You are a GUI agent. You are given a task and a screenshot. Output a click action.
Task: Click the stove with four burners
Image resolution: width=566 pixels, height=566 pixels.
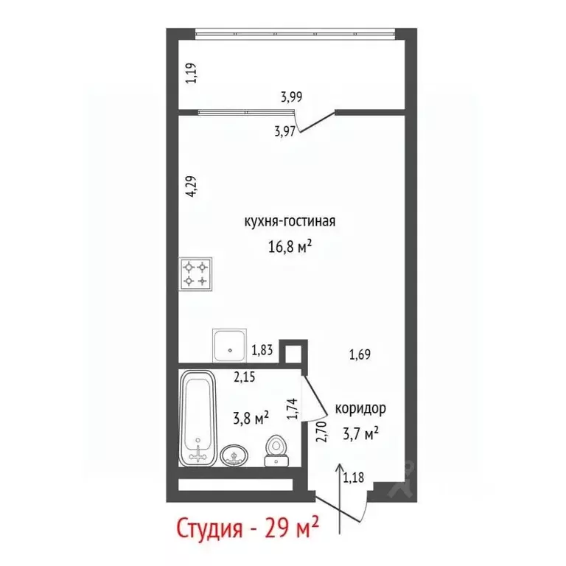click(195, 273)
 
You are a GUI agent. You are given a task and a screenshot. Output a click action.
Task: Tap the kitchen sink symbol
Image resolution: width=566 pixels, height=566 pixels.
click(231, 343)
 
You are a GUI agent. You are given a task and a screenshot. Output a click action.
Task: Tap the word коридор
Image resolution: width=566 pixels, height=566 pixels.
click(360, 408)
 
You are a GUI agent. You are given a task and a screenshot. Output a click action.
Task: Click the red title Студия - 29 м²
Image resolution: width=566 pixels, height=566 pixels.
click(247, 528)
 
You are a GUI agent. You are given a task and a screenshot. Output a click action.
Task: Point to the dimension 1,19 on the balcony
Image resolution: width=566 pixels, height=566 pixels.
click(191, 74)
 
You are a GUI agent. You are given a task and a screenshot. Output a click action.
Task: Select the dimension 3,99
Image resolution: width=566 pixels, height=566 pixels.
click(292, 95)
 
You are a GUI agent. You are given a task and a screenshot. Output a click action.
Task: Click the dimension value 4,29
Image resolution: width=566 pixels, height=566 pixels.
click(191, 188)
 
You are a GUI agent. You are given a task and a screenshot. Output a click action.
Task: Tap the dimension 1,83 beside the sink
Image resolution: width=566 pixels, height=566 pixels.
click(263, 351)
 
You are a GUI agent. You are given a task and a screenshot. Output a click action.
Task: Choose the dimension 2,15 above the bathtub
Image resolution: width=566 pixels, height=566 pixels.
click(244, 377)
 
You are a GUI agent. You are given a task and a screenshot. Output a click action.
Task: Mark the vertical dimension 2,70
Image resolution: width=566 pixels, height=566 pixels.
click(320, 430)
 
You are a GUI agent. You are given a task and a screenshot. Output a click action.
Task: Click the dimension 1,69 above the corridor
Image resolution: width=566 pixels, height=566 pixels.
click(359, 355)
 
